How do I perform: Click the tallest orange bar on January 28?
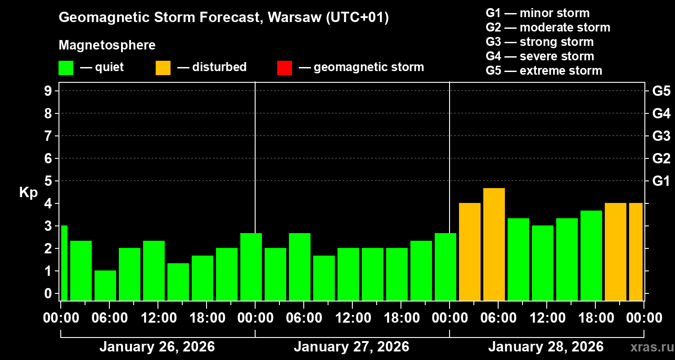[494, 244]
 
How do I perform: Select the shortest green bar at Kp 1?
[105, 285]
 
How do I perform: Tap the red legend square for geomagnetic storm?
[284, 68]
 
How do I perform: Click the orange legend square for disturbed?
[163, 68]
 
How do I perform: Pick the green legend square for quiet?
[66, 68]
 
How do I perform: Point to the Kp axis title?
[28, 193]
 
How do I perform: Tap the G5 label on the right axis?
[661, 91]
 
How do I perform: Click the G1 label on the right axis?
[661, 181]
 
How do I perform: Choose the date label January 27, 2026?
[351, 347]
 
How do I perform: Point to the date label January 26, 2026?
[157, 347]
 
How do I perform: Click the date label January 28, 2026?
[546, 347]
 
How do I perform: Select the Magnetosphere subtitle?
[107, 45]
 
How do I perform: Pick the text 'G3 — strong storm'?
[540, 42]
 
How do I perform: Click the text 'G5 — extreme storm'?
[544, 71]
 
